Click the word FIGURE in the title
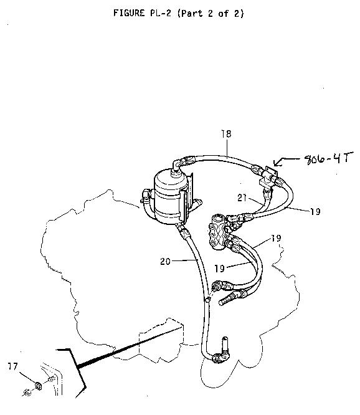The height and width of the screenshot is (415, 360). [x=129, y=13]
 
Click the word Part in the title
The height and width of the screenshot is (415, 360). [x=191, y=13]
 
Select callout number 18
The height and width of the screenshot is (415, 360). [x=227, y=133]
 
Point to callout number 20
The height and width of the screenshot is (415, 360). [x=165, y=262]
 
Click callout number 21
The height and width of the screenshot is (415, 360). [x=242, y=198]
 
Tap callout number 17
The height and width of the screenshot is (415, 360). [x=12, y=366]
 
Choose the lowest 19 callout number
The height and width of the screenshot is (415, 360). [x=219, y=269]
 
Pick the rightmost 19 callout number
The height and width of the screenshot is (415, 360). [x=315, y=211]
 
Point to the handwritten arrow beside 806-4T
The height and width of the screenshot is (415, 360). [x=287, y=161]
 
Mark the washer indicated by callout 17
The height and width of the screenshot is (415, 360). [x=38, y=386]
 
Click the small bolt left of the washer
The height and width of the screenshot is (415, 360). [x=27, y=393]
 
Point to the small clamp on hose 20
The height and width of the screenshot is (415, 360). [x=208, y=299]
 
